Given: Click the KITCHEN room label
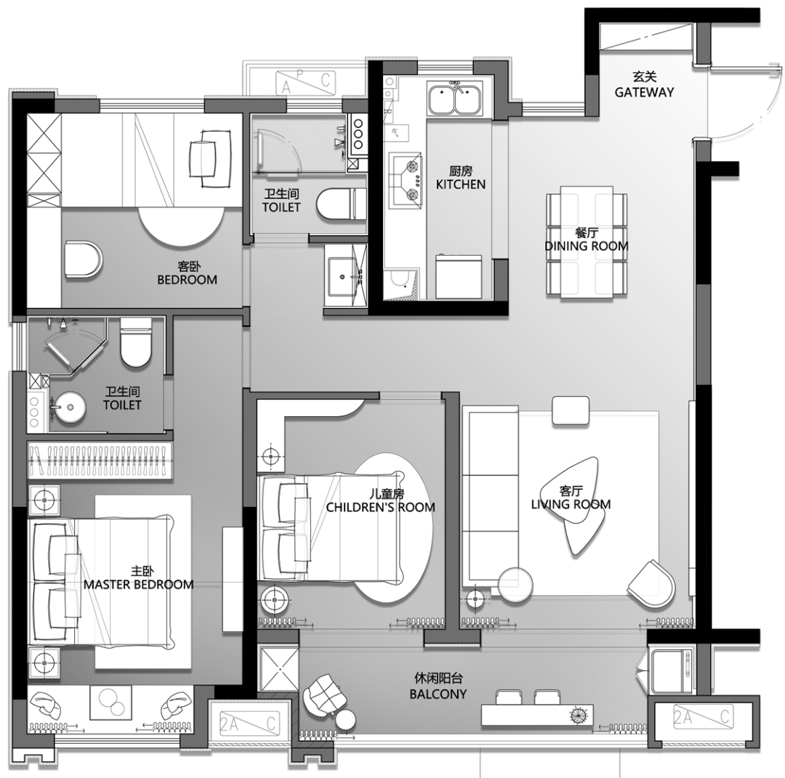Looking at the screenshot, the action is (461, 184).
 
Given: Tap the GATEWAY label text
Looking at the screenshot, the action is (644, 92).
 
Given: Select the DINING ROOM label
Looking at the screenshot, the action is (587, 246).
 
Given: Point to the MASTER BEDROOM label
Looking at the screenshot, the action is (138, 584).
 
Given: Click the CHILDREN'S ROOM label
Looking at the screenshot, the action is (380, 507).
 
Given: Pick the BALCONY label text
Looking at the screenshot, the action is (438, 694).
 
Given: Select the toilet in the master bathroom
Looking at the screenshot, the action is (136, 342).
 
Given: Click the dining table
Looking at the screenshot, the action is (587, 242).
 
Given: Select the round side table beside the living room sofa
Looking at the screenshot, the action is (515, 584).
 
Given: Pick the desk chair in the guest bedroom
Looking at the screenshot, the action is (210, 158).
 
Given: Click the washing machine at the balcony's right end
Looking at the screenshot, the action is (672, 671).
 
